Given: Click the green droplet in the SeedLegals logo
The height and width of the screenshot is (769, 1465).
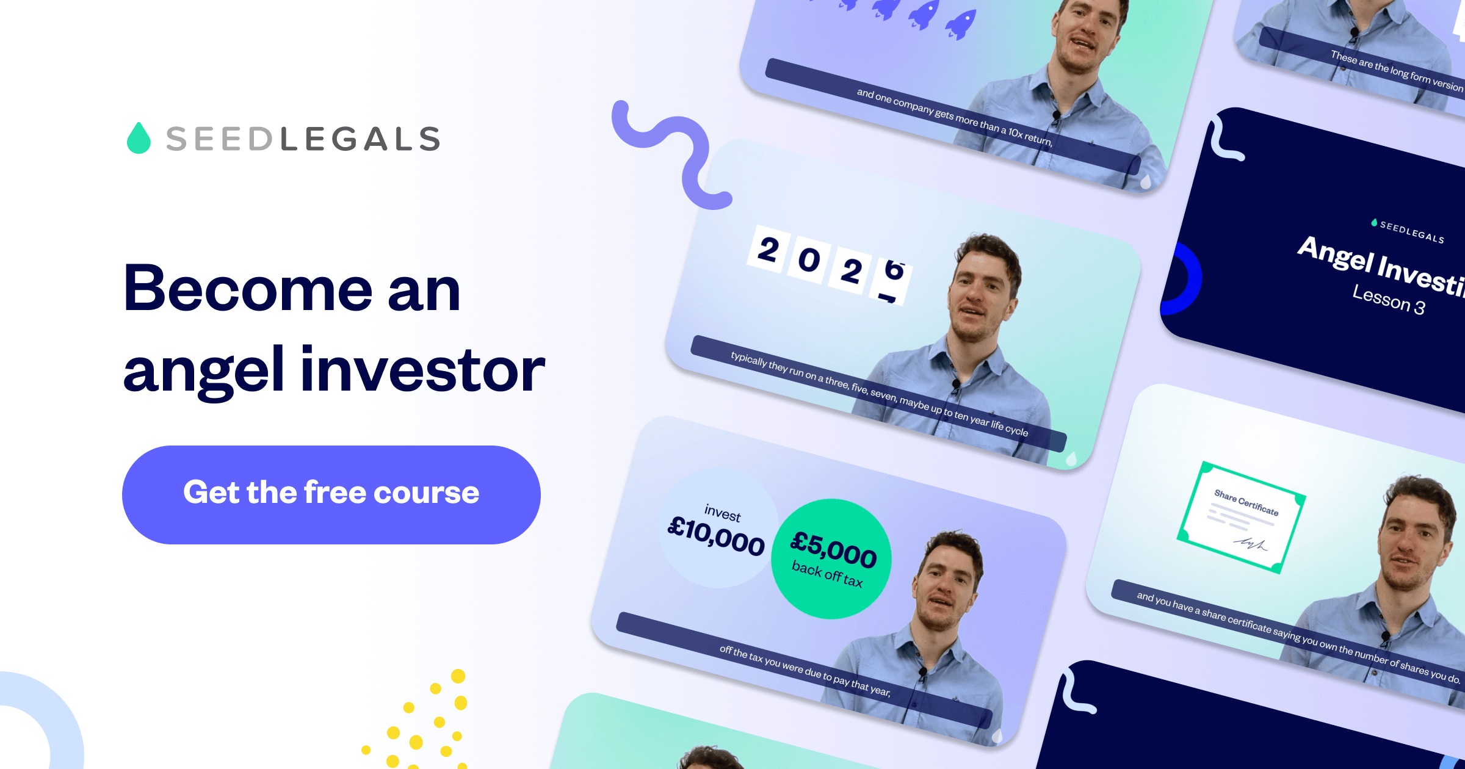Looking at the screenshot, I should pyautogui.click(x=139, y=139).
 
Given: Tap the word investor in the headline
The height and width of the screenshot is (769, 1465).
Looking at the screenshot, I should pyautogui.click(x=422, y=369).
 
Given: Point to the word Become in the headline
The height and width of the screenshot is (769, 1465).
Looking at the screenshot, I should pyautogui.click(x=248, y=288).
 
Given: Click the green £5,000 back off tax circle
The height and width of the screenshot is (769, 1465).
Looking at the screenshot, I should pyautogui.click(x=831, y=558).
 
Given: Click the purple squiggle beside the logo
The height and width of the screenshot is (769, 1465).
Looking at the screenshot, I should pyautogui.click(x=671, y=153).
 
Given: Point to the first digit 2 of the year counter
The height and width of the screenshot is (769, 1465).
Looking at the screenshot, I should pyautogui.click(x=767, y=250).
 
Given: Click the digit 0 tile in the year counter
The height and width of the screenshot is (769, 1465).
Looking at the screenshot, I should pyautogui.click(x=809, y=260).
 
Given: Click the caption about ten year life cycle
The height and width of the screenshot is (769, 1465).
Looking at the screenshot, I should pyautogui.click(x=879, y=394).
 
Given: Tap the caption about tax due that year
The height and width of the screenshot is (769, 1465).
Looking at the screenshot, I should pyautogui.click(x=805, y=670).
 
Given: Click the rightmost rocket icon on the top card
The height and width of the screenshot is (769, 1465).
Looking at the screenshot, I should pyautogui.click(x=961, y=24).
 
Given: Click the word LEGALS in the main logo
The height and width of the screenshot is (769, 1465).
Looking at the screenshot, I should pyautogui.click(x=360, y=139).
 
